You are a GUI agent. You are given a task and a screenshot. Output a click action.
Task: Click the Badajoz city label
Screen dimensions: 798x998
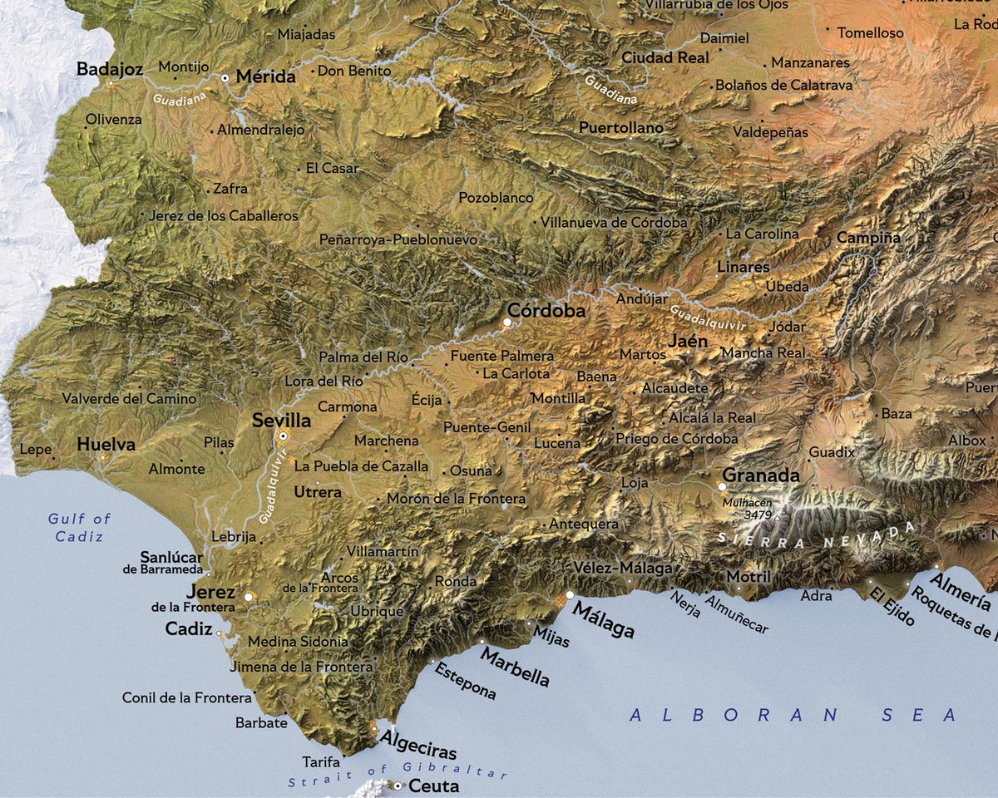coord(110,68)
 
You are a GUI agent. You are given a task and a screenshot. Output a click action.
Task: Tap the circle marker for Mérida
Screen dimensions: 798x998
coord(225,77)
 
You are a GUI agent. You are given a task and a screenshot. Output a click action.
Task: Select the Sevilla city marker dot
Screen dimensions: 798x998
coord(283,436)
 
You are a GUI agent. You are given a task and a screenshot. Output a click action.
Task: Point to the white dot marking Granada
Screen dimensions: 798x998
coord(721,486)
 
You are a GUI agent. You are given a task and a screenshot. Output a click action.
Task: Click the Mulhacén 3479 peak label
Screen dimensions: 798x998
coord(748,510)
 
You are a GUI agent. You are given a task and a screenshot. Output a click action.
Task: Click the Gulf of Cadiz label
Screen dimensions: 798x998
coord(79,528)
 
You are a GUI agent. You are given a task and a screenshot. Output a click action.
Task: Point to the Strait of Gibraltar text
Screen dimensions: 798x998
coord(398,776)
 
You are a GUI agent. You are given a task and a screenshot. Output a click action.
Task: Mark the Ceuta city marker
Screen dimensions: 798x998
coord(398,786)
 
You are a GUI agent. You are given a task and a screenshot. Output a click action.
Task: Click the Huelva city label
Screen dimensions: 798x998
coord(106,445)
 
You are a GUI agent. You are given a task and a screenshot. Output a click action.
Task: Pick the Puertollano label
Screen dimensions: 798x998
coord(620,128)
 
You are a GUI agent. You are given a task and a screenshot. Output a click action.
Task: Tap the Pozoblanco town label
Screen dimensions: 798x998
coord(496,198)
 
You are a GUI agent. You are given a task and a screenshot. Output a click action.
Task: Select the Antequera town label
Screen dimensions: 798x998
coord(584,525)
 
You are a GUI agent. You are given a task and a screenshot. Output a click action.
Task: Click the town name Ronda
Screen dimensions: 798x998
coord(456,582)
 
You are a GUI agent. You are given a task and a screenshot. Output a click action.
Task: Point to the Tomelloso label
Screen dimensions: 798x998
coord(870,33)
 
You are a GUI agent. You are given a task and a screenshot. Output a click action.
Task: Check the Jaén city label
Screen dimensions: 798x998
coord(688,341)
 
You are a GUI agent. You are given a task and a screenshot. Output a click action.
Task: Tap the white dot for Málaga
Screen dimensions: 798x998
coord(570,595)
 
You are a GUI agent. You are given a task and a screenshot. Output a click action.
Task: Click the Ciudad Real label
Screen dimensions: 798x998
coord(665,58)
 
